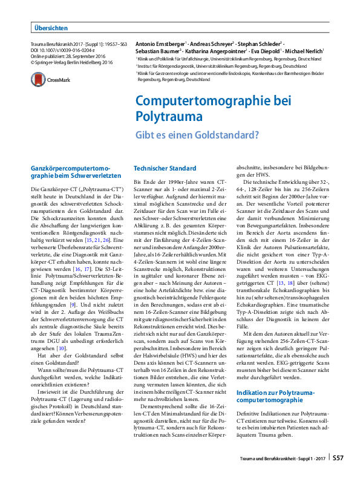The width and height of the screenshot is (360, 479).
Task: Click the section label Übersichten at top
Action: (51, 28)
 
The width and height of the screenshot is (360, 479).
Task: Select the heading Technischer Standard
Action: (165, 168)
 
